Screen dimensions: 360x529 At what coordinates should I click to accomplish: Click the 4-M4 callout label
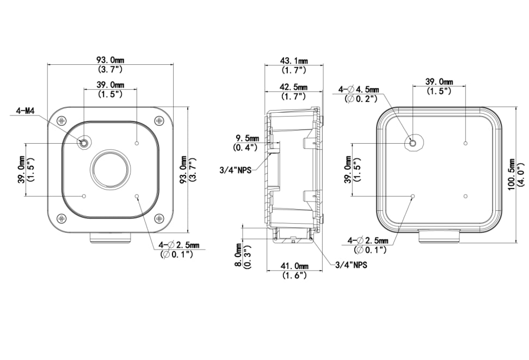pyautogui.click(x=26, y=111)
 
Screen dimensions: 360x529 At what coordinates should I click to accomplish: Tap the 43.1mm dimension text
pyautogui.click(x=293, y=60)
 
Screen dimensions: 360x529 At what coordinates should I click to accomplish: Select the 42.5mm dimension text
pyautogui.click(x=293, y=87)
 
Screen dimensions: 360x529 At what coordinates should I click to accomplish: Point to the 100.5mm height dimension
pyautogui.click(x=513, y=173)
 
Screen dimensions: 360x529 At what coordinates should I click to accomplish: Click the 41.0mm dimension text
pyautogui.click(x=294, y=266)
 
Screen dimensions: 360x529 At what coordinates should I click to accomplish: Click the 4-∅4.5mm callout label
pyautogui.click(x=359, y=89)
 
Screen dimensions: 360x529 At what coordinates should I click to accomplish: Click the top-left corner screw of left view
pyautogui.click(x=63, y=121)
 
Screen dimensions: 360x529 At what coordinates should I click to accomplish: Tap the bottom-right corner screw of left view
pyautogui.click(x=159, y=218)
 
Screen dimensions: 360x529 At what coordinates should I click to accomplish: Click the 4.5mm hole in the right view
pyautogui.click(x=413, y=143)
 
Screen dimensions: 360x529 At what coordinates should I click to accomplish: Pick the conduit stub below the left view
pyautogui.click(x=110, y=239)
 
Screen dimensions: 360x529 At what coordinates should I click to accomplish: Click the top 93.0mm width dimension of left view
pyautogui.click(x=110, y=60)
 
